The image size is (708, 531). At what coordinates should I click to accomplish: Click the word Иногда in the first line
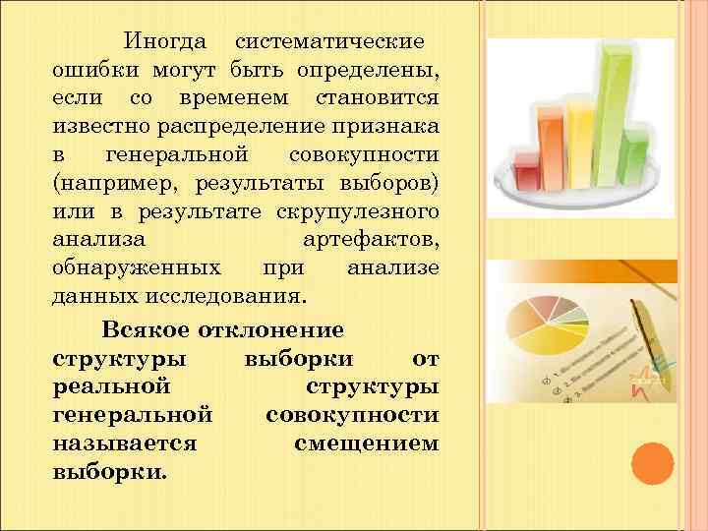164,43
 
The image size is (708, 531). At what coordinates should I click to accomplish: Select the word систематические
329,43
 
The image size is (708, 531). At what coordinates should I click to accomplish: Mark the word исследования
240,295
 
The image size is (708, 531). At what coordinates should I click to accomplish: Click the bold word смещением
366,442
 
